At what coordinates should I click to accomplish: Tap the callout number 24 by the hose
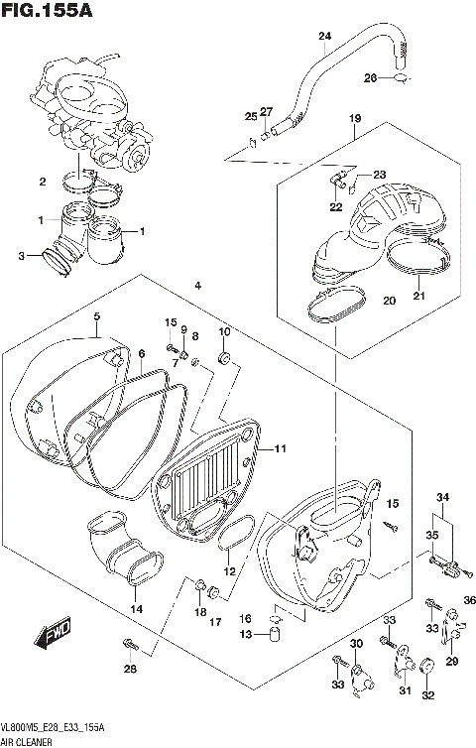coord(323,38)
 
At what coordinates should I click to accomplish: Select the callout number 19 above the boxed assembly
coord(354,119)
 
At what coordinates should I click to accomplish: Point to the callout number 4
coord(198,286)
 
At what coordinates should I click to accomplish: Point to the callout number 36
coord(470,600)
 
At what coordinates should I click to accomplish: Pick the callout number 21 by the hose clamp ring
coord(417,296)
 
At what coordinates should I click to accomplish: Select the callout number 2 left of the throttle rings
coord(43,182)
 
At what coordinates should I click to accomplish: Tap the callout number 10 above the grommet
coord(224,330)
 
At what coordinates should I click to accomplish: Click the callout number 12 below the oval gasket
coord(230,571)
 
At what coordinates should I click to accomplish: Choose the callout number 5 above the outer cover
coord(97,316)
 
